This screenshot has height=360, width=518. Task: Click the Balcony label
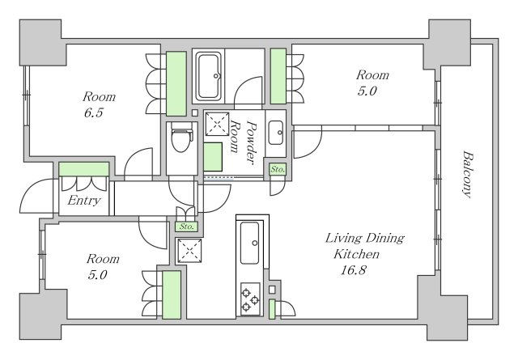pos(468,173)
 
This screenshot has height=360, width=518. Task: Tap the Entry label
pos(84,201)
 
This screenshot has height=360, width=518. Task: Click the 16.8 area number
pos(355,270)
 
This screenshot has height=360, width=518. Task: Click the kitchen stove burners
pos(250,300)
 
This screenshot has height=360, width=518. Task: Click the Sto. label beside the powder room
pos(278,170)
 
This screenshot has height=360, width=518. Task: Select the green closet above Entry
pos(83,169)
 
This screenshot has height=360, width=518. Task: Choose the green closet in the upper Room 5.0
pos(278,76)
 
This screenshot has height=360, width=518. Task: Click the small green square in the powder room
pos(213,154)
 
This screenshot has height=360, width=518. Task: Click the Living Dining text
pos(364,239)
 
